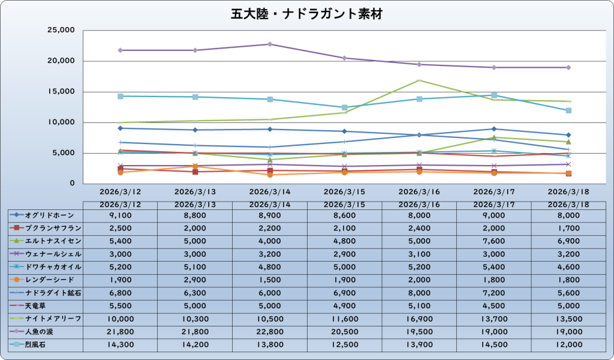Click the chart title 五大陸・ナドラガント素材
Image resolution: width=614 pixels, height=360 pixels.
306,14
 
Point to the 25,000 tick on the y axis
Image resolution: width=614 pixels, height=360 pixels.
59,31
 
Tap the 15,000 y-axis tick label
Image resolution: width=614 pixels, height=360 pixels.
59,92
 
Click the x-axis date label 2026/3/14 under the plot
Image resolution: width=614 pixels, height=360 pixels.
270,193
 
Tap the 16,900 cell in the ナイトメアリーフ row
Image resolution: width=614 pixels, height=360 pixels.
419,318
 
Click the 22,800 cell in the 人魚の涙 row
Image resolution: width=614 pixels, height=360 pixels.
270,331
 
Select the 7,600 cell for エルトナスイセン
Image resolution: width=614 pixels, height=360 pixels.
494,241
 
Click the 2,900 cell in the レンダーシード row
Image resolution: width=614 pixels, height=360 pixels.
195,280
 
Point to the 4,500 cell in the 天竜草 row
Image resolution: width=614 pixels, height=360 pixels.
494,305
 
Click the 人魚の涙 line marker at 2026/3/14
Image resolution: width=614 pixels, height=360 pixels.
270,44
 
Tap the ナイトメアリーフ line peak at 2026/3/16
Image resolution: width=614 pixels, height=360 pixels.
419,80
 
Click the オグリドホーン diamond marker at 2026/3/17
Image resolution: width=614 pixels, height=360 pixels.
494,128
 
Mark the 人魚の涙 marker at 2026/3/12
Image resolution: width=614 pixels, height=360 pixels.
121,50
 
